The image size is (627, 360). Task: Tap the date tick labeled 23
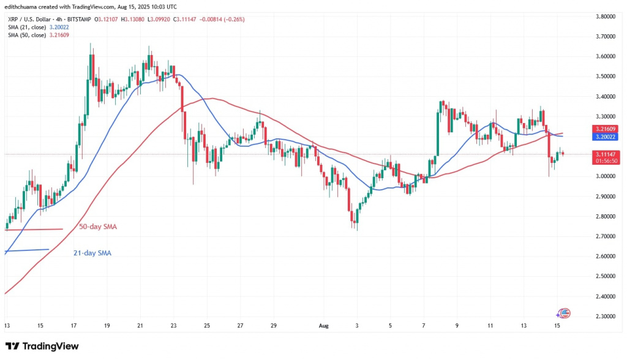click(174, 326)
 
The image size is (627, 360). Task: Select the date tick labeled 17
click(74, 326)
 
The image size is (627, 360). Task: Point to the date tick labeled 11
click(490, 326)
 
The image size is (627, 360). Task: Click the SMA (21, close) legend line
click(39, 28)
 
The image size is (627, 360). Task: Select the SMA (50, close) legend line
click(39, 36)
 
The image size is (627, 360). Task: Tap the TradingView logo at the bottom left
click(42, 346)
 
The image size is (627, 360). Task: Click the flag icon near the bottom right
click(564, 313)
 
